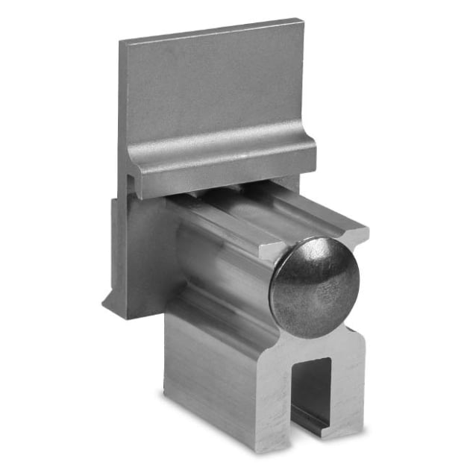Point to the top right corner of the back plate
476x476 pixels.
(x=304, y=20)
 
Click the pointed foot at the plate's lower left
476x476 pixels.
(x=109, y=305)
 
